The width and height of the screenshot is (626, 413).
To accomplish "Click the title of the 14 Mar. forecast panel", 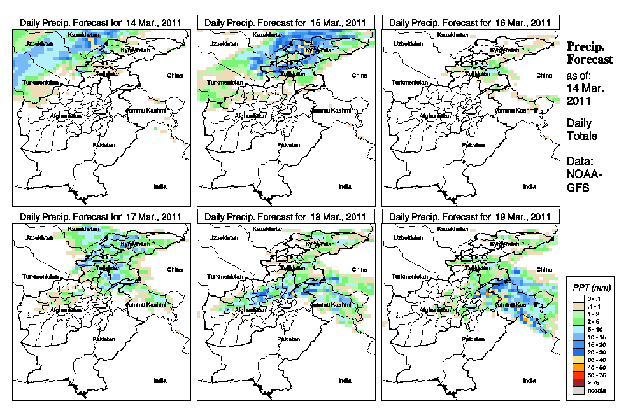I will [101, 22].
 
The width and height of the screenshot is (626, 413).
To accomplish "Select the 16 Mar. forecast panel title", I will [470, 22].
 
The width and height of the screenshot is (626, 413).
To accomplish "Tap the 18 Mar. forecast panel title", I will [285, 217].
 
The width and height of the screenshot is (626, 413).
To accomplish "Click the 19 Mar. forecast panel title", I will [470, 217].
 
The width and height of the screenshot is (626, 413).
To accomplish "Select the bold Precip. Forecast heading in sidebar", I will [590, 53].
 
